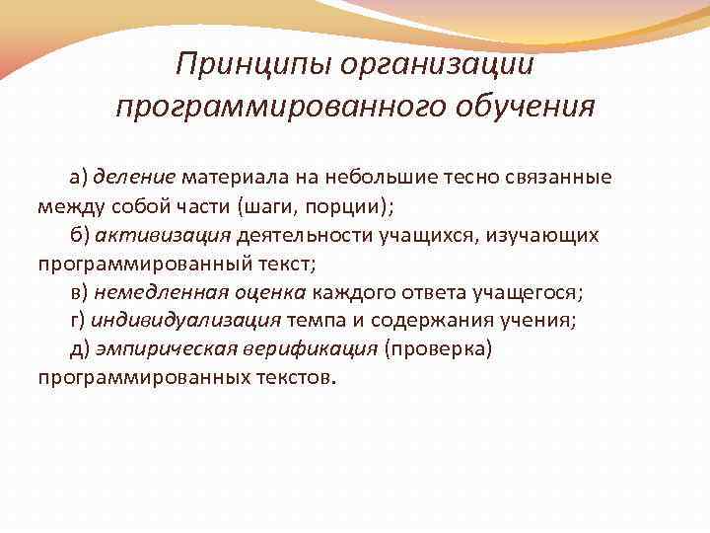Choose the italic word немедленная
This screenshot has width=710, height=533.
click(x=161, y=292)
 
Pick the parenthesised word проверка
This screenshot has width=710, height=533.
click(x=437, y=349)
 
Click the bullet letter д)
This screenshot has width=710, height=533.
click(x=79, y=349)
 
